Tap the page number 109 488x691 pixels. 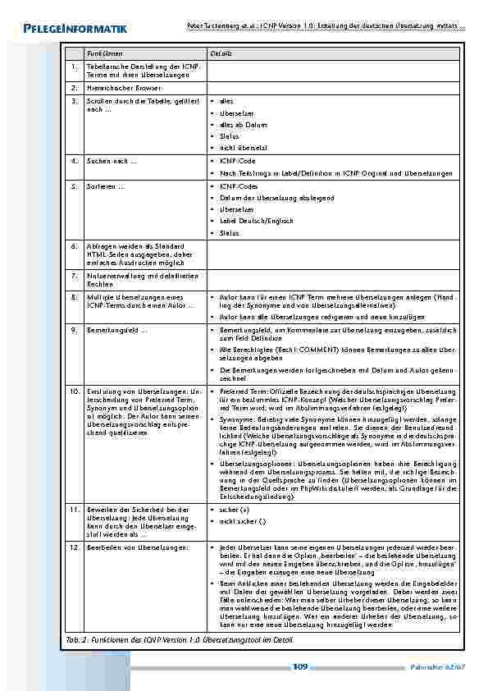(x=300, y=667)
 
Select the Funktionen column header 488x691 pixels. (x=104, y=53)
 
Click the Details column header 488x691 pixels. (x=221, y=53)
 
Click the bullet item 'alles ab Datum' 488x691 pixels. (x=244, y=125)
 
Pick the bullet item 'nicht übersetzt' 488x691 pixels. (x=244, y=148)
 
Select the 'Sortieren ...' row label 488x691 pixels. (x=106, y=186)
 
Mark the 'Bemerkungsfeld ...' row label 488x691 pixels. (x=116, y=329)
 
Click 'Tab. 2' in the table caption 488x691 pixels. (x=75, y=639)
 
